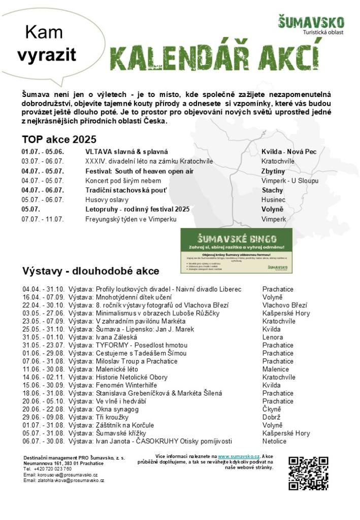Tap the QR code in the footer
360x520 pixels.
click(308, 473)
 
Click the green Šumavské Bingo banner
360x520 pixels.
click(237, 251)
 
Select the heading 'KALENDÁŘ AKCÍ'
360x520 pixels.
click(215, 58)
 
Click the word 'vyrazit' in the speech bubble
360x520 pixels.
click(47, 55)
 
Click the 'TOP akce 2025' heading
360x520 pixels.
click(59, 140)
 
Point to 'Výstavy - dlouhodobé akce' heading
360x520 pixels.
click(90, 271)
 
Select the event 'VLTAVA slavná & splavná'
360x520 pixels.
click(126, 152)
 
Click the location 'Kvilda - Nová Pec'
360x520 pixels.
click(289, 152)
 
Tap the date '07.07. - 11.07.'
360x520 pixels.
click(43, 219)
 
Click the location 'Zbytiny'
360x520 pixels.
click(273, 171)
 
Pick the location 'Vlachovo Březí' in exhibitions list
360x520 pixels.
click(285, 305)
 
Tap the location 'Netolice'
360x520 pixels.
click(274, 441)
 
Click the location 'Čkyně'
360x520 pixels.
click(272, 409)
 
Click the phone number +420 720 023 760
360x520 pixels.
click(52, 469)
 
